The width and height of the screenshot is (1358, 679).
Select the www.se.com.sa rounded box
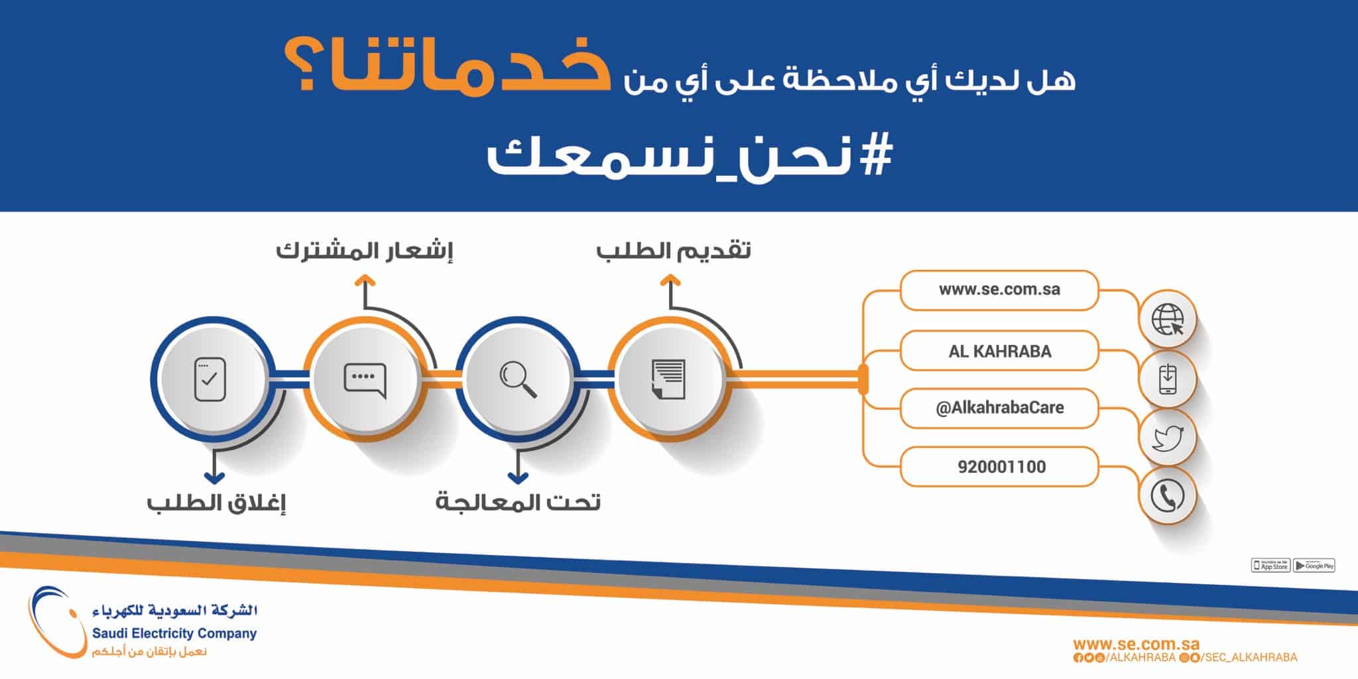click(999, 290)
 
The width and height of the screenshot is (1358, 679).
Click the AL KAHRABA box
click(999, 351)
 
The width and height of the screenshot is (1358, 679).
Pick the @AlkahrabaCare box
click(999, 408)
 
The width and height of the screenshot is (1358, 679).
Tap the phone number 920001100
click(1001, 467)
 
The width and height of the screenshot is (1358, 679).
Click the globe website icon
click(1167, 320)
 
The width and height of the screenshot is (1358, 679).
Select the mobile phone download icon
click(1167, 379)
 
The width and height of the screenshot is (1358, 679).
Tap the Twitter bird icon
click(1168, 438)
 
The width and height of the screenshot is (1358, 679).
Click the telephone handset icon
click(1167, 496)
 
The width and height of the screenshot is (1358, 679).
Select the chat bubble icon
click(365, 381)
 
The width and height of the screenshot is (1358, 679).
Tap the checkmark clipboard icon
click(210, 379)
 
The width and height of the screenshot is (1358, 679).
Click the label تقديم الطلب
click(673, 251)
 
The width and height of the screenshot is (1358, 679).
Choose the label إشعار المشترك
click(364, 251)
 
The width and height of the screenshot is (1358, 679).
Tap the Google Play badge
click(1314, 566)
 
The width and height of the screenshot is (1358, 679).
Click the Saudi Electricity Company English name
click(174, 634)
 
